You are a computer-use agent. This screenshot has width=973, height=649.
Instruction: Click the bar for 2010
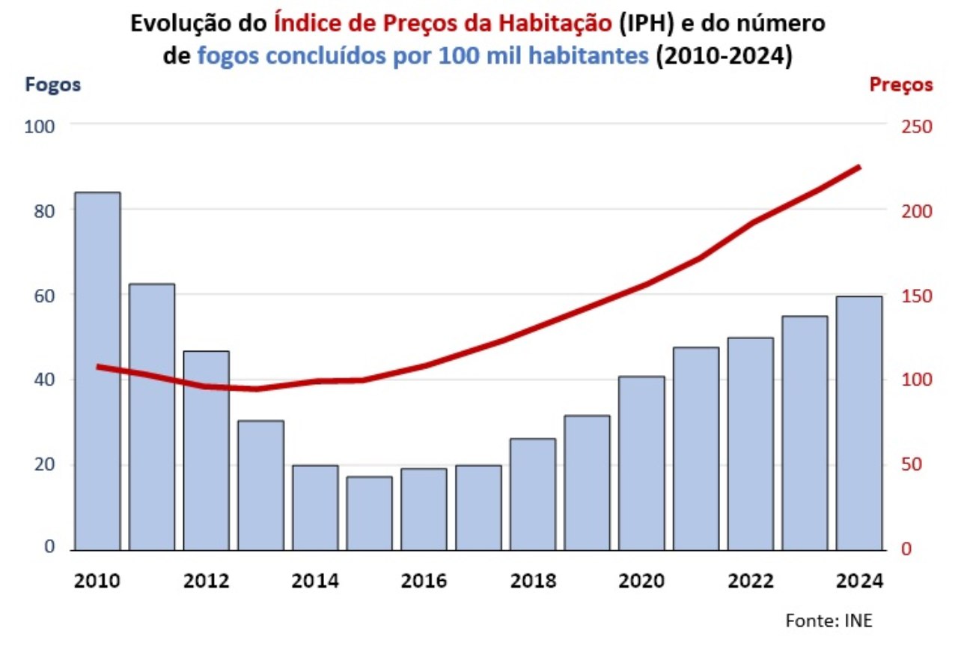tap(97, 371)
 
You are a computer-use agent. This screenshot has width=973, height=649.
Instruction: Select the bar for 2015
tap(370, 513)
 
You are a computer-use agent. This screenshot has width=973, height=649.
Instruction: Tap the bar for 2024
tap(859, 423)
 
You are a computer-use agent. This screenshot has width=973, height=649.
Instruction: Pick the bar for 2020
tap(641, 463)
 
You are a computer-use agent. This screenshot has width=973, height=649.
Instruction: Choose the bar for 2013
tap(260, 485)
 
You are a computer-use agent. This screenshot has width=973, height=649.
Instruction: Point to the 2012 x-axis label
tap(207, 582)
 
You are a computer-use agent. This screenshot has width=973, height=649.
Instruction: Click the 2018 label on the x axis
tap(534, 582)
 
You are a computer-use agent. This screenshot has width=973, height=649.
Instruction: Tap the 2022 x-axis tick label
tap(751, 582)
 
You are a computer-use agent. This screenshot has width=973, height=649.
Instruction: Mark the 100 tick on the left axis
tap(40, 127)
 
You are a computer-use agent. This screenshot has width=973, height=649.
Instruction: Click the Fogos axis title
tap(53, 85)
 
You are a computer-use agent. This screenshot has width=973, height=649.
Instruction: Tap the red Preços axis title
tap(901, 85)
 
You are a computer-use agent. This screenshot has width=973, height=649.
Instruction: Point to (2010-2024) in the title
tap(724, 56)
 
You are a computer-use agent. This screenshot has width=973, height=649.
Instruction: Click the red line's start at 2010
tap(98, 366)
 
